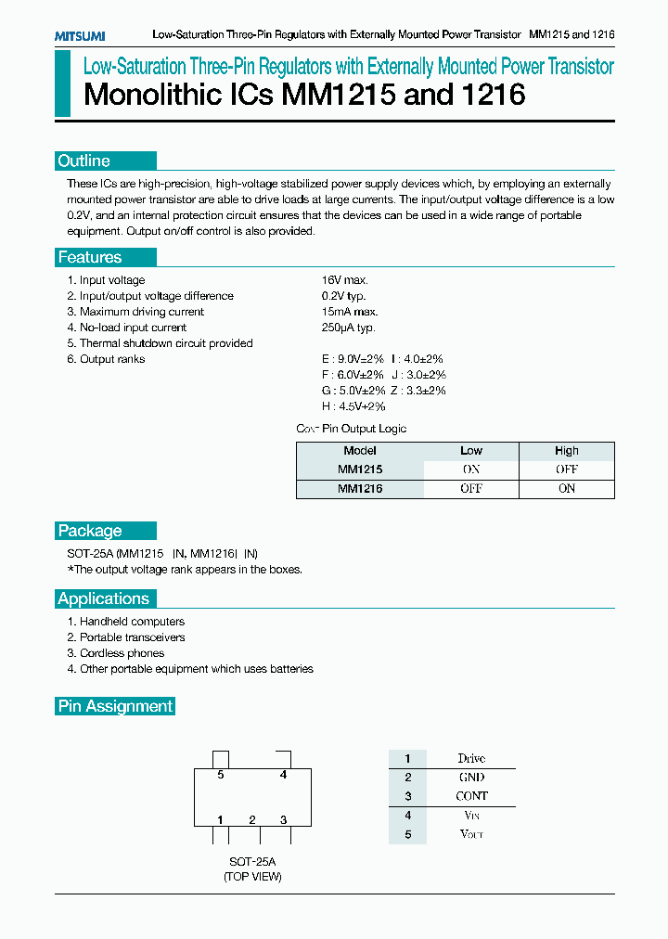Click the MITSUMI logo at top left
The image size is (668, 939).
79,35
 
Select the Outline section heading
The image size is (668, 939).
84,161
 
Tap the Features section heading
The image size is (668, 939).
90,258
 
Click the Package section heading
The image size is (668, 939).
90,531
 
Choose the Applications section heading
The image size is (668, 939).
104,598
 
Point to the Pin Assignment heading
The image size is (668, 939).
115,706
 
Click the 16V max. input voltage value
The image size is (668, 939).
345,280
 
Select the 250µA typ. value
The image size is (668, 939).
349,328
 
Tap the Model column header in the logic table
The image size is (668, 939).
360,451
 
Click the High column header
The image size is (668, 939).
566,451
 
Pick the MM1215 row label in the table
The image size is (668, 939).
360,469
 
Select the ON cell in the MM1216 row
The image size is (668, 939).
566,489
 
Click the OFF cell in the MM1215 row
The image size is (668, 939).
566,469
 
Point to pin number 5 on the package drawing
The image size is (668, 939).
221,775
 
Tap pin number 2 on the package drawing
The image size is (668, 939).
251,819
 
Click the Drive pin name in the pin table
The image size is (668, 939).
471,759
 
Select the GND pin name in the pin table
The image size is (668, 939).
471,778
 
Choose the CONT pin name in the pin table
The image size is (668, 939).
471,796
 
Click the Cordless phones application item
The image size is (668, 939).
122,653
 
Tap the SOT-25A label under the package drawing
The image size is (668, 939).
251,861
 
